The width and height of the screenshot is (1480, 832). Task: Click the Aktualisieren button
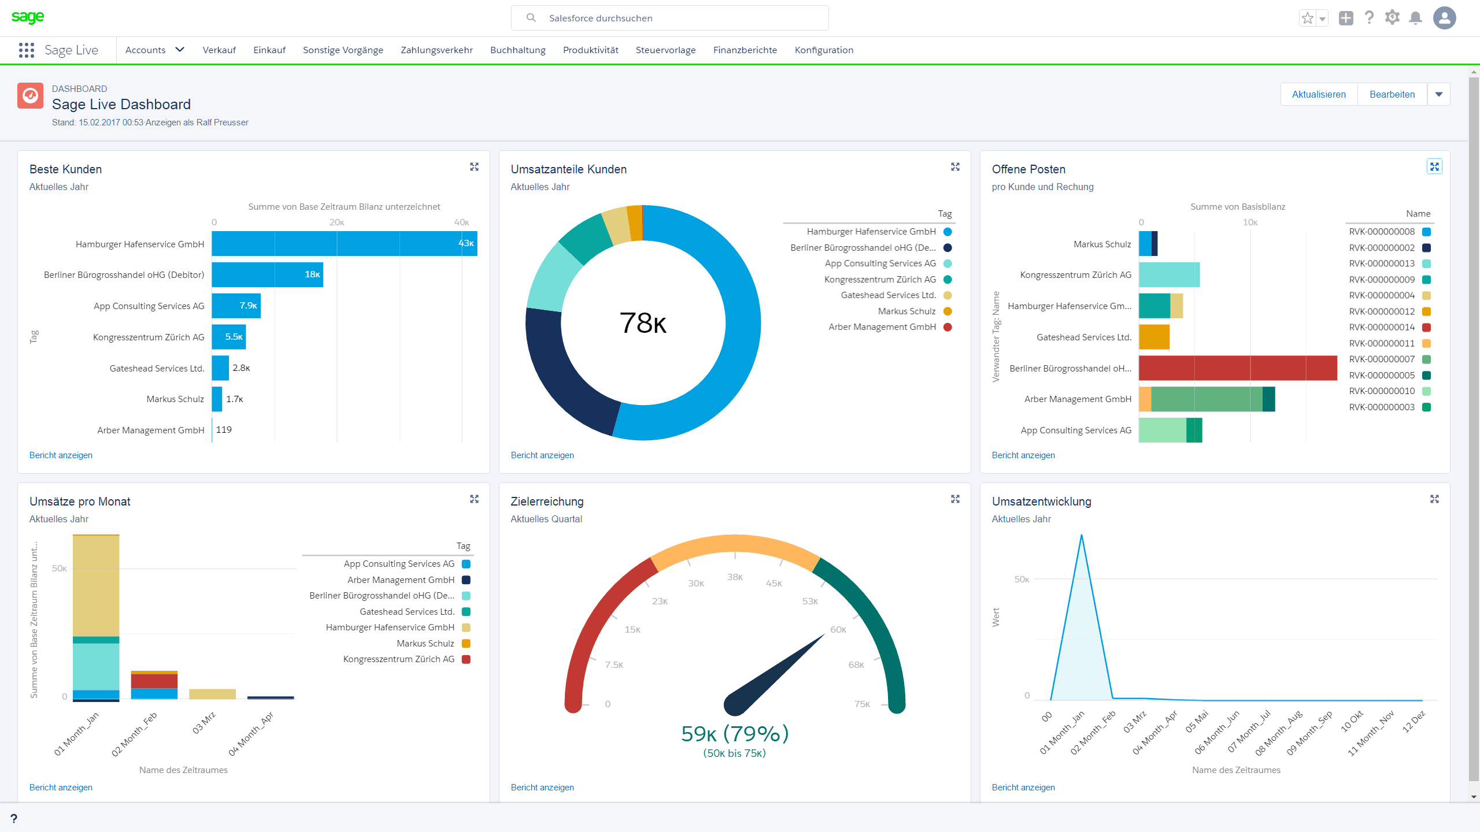coord(1319,94)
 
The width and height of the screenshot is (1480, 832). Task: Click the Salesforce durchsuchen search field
coord(669,18)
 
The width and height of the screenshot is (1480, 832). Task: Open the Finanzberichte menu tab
coord(745,50)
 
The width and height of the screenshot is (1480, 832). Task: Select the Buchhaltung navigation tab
coord(517,50)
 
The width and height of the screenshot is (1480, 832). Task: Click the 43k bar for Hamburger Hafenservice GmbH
coord(345,244)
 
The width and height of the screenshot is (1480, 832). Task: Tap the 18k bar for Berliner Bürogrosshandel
coord(267,274)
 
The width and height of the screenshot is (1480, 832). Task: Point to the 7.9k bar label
coord(249,306)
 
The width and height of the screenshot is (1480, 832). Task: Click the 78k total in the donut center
coord(643,323)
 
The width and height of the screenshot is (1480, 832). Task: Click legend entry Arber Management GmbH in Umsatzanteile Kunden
coord(882,327)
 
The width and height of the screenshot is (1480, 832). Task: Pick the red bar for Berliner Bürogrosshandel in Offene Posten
coord(1238,368)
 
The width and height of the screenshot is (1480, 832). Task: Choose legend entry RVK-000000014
coord(1382,328)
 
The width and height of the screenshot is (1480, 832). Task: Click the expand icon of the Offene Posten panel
coord(1434,166)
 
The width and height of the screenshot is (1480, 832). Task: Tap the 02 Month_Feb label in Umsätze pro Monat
coord(135,734)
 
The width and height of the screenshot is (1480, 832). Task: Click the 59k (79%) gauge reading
coord(735,734)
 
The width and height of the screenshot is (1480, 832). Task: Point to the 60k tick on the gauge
coord(838,630)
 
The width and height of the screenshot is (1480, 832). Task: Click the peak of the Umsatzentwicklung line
coord(1082,536)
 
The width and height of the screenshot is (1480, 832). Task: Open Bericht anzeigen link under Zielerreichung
coord(542,788)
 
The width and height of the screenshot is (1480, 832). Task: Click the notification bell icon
coord(1415,18)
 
